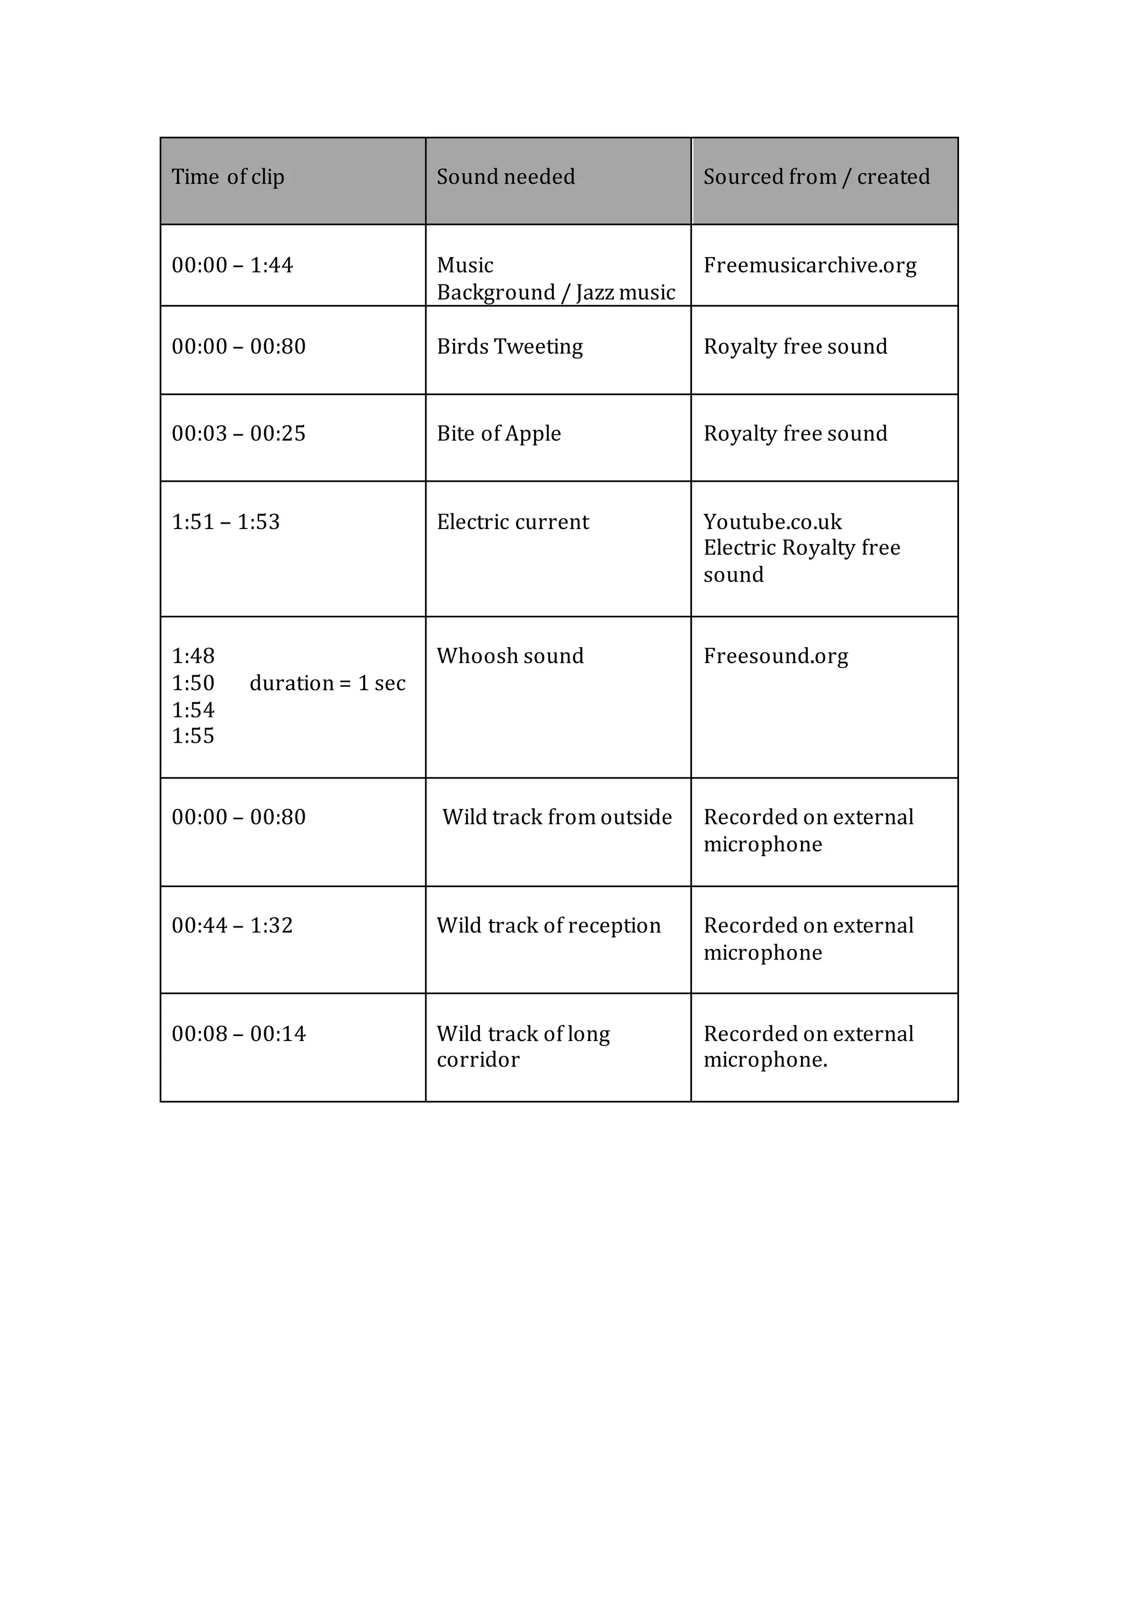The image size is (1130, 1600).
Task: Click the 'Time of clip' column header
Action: [x=228, y=177]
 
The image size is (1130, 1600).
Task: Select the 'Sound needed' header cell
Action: [x=505, y=177]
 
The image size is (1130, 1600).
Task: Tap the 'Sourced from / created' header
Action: [x=816, y=177]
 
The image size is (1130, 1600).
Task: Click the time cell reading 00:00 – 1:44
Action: [x=232, y=265]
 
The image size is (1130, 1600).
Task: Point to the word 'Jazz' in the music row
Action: [x=598, y=292]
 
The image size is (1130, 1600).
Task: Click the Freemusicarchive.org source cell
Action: [x=809, y=265]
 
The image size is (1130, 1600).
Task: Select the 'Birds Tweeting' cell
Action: [x=510, y=347]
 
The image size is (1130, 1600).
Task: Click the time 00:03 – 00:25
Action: [x=238, y=434]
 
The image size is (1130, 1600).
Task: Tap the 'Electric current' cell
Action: [x=513, y=522]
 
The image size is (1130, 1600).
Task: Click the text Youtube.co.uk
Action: [x=772, y=522]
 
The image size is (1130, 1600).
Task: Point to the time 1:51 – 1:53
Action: [x=226, y=522]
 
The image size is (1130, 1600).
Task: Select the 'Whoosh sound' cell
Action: [x=510, y=657]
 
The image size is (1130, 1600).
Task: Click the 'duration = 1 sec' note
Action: [x=327, y=684]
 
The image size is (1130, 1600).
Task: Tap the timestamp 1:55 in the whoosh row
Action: [x=193, y=737]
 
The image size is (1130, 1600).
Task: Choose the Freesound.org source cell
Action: [x=775, y=657]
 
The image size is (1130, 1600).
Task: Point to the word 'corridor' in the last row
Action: [x=478, y=1060]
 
